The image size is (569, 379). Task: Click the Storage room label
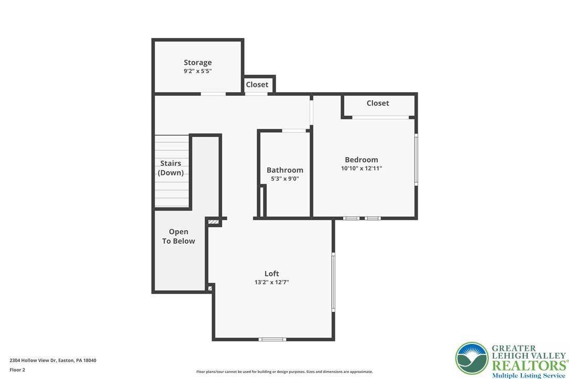pos(198,63)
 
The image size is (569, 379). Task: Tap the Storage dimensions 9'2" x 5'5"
pos(198,71)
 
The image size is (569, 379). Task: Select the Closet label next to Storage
pos(257,84)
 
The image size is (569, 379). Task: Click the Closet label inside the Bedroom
pos(377,103)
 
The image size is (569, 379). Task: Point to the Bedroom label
pos(361,160)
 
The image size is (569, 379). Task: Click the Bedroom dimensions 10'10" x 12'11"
pos(361,168)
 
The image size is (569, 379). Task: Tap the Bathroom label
pos(285,170)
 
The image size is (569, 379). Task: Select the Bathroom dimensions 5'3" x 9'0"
pos(285,179)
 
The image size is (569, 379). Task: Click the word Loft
pos(271,274)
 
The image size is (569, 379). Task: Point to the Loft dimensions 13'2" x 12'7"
pos(271,282)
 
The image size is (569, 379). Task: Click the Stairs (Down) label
pos(171,168)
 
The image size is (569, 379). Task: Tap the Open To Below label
pos(179,237)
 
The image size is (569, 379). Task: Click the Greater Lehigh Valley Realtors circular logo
pos(472,358)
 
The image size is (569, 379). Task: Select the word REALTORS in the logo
pos(529,365)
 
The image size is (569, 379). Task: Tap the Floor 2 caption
pos(17,370)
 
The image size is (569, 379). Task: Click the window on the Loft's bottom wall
pos(272,339)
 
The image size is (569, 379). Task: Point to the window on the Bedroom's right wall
pos(416,160)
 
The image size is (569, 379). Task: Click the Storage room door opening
pos(213,94)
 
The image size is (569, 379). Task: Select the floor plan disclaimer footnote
pos(284,372)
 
